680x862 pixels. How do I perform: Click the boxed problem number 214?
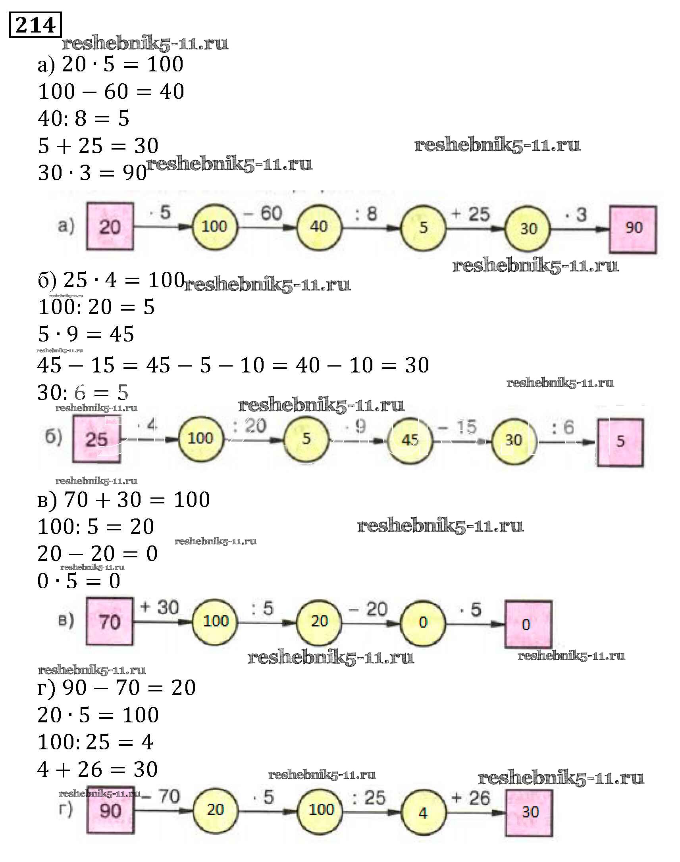tap(35, 25)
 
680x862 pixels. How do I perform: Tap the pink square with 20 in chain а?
tap(110, 227)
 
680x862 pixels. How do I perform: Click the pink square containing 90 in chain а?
tap(633, 229)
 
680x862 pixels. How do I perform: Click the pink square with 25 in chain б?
tap(96, 439)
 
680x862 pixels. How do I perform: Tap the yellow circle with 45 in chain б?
tap(410, 440)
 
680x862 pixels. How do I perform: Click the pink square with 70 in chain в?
tap(110, 622)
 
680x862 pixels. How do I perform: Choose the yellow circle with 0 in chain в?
tap(423, 622)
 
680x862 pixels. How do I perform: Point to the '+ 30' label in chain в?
tap(160, 607)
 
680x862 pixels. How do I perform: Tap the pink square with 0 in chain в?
tap(528, 624)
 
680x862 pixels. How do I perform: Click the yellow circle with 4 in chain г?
tap(423, 813)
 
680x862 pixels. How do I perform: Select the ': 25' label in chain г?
tap(369, 798)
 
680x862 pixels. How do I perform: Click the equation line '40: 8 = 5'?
tap(84, 119)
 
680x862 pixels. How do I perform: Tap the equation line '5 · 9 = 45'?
tap(86, 334)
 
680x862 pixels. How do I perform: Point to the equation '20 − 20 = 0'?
tap(98, 553)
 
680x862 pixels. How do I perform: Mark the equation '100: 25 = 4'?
tap(95, 742)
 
